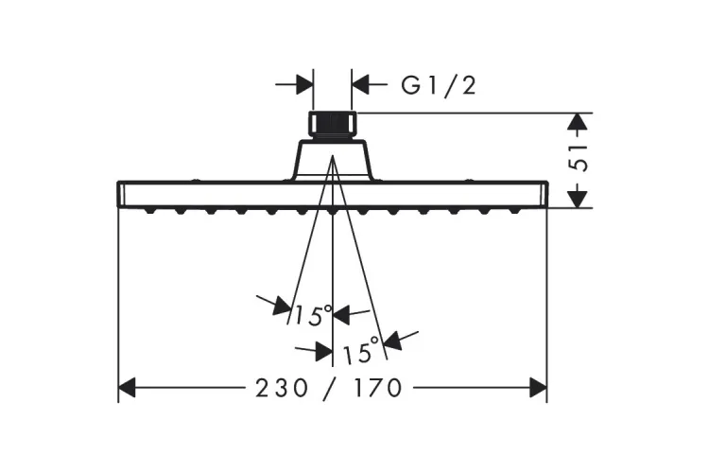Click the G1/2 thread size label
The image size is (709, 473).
[x=438, y=86]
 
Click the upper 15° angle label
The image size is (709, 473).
[x=313, y=315]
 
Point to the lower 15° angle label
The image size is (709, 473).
[x=360, y=354]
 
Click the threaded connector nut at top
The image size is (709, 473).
[x=332, y=126]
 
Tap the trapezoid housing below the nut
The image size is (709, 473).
[x=332, y=158]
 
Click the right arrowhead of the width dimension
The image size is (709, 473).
[x=538, y=388]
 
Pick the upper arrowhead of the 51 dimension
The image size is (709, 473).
[x=580, y=122]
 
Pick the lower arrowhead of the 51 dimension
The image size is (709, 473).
[x=580, y=198]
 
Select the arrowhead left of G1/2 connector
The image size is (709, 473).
[x=304, y=84]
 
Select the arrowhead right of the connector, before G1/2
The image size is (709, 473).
[x=360, y=84]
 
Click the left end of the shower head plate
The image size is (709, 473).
[x=121, y=193]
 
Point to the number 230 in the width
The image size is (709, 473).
[x=276, y=388]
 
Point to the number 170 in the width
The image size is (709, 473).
[x=378, y=388]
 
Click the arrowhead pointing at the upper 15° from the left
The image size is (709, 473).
[x=281, y=306]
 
